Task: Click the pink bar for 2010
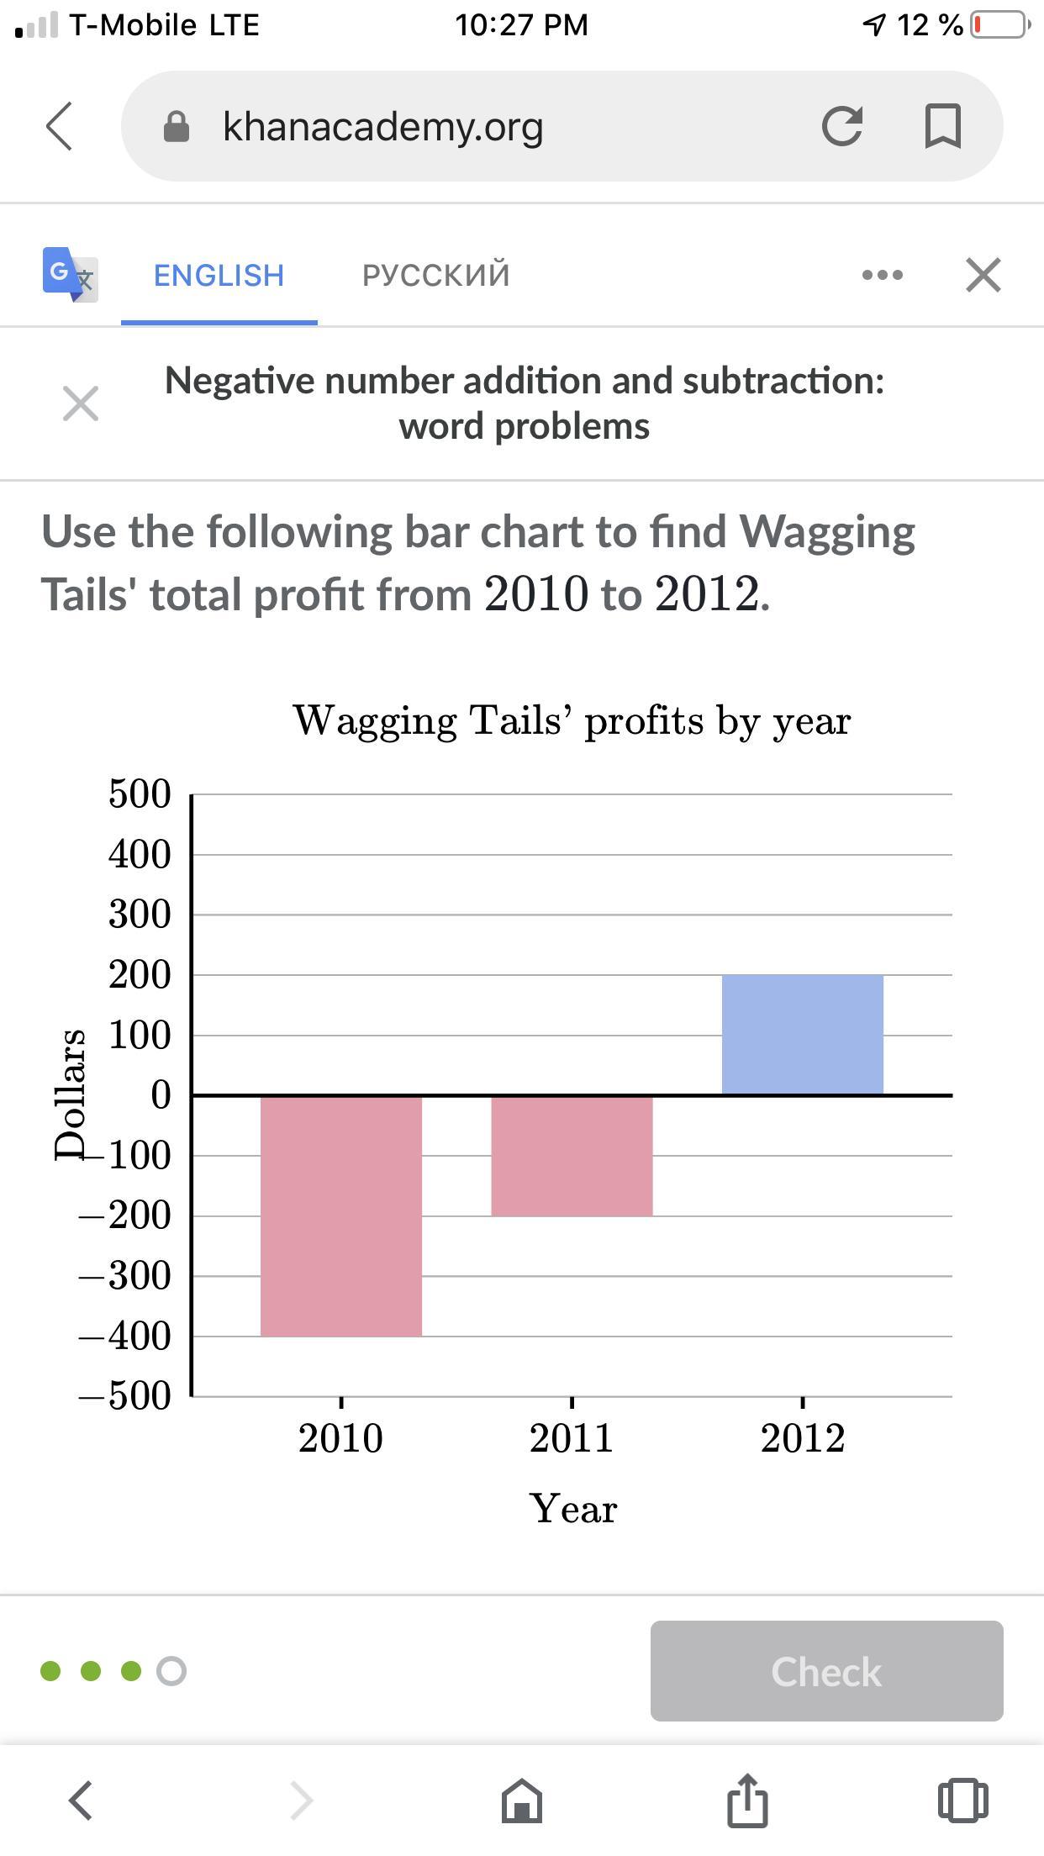[340, 1215]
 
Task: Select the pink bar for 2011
[572, 1156]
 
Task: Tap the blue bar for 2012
[802, 1035]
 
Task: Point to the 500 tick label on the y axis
[140, 794]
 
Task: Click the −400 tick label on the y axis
[126, 1337]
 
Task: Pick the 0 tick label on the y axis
[161, 1095]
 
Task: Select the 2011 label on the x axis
[572, 1438]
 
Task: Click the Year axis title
[573, 1509]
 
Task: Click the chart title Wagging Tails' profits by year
[572, 720]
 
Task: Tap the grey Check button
[826, 1671]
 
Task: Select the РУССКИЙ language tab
[435, 275]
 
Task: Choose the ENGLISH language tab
[219, 275]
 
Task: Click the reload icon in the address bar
[842, 126]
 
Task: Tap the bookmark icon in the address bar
[942, 126]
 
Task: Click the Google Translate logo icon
[70, 274]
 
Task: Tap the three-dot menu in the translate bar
[883, 275]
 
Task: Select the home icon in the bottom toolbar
[521, 1801]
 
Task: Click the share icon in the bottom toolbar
[747, 1801]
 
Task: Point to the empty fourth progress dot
[171, 1671]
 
